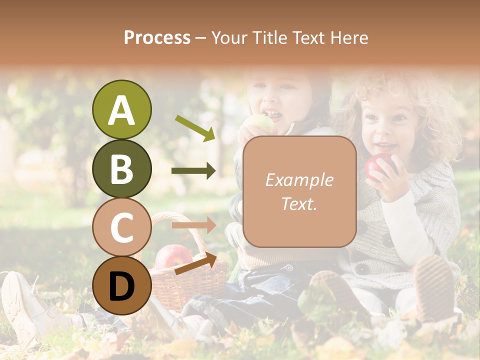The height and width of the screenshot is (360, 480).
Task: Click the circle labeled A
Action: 121,109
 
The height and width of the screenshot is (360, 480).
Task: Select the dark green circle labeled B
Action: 121,168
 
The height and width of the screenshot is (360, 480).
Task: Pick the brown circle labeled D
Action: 121,285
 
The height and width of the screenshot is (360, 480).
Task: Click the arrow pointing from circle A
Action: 195,128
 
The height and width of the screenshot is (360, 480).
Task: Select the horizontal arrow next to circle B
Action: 193,171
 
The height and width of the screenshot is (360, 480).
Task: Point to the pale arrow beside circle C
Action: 193,225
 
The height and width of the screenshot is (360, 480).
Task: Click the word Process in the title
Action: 157,37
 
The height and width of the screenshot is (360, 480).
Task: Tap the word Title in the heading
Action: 270,37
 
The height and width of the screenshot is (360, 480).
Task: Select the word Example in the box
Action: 299,180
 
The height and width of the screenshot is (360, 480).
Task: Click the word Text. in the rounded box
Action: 299,203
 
